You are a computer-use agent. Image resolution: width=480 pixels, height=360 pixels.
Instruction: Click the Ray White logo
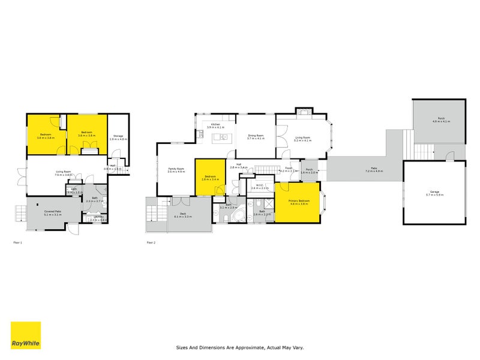pos(26,335)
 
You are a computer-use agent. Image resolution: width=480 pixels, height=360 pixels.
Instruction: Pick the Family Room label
pos(176,170)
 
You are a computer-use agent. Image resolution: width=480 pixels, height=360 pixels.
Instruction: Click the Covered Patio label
pos(53,212)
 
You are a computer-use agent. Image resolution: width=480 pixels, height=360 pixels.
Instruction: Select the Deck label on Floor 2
pos(182,214)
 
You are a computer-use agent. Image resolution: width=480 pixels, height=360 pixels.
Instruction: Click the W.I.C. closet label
pos(259,186)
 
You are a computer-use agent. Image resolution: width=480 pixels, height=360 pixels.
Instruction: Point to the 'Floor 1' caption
pos(17,242)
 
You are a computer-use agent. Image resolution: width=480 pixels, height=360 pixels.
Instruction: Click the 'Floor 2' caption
pos(151,242)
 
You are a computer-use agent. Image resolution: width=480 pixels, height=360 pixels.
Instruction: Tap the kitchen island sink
pos(223,137)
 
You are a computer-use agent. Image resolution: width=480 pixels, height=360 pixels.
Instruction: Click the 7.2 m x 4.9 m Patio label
pos(374,169)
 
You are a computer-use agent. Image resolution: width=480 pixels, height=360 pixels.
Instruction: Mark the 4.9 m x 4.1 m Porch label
pos(441,120)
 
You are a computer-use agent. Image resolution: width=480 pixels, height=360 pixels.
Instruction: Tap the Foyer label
pos(289,169)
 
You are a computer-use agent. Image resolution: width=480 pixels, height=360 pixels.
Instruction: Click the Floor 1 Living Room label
pos(63,173)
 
